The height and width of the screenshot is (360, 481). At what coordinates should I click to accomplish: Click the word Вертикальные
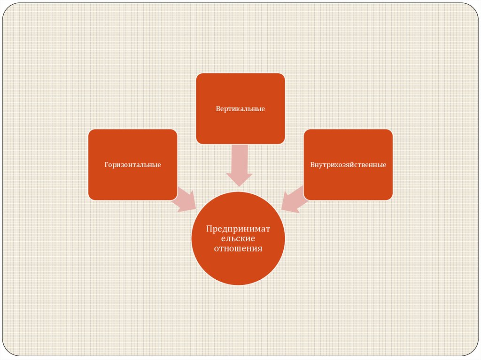point(240,109)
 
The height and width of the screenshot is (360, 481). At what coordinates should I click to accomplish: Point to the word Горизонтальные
point(132,165)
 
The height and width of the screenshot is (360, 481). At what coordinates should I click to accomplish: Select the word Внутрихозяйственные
point(348,165)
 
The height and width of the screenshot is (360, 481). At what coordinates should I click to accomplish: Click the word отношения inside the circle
point(238,249)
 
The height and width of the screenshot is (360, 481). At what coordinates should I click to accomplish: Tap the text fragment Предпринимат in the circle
point(238,229)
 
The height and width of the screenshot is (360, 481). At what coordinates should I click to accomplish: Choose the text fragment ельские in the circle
point(238,238)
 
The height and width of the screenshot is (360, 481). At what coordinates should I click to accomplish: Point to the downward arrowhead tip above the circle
point(240,185)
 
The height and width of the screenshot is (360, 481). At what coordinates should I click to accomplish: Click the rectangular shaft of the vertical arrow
point(240,157)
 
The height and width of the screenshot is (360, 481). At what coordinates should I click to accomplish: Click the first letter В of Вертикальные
point(218,109)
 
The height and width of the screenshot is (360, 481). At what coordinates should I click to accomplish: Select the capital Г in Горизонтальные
point(106,165)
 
